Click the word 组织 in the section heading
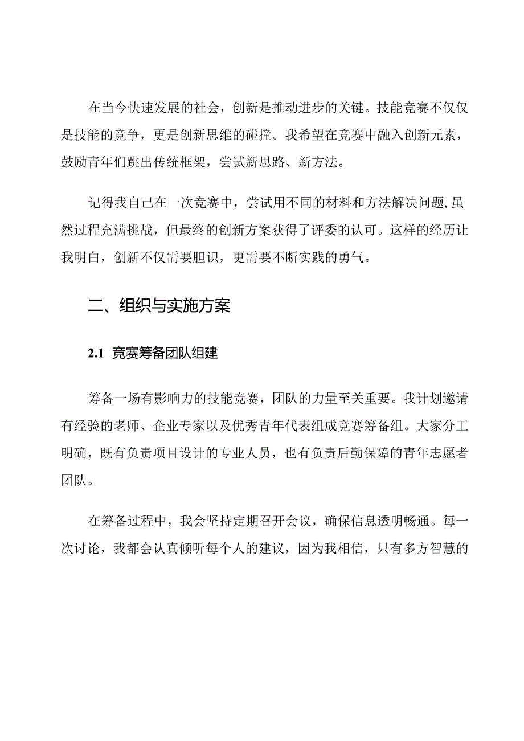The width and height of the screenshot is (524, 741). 131,306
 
